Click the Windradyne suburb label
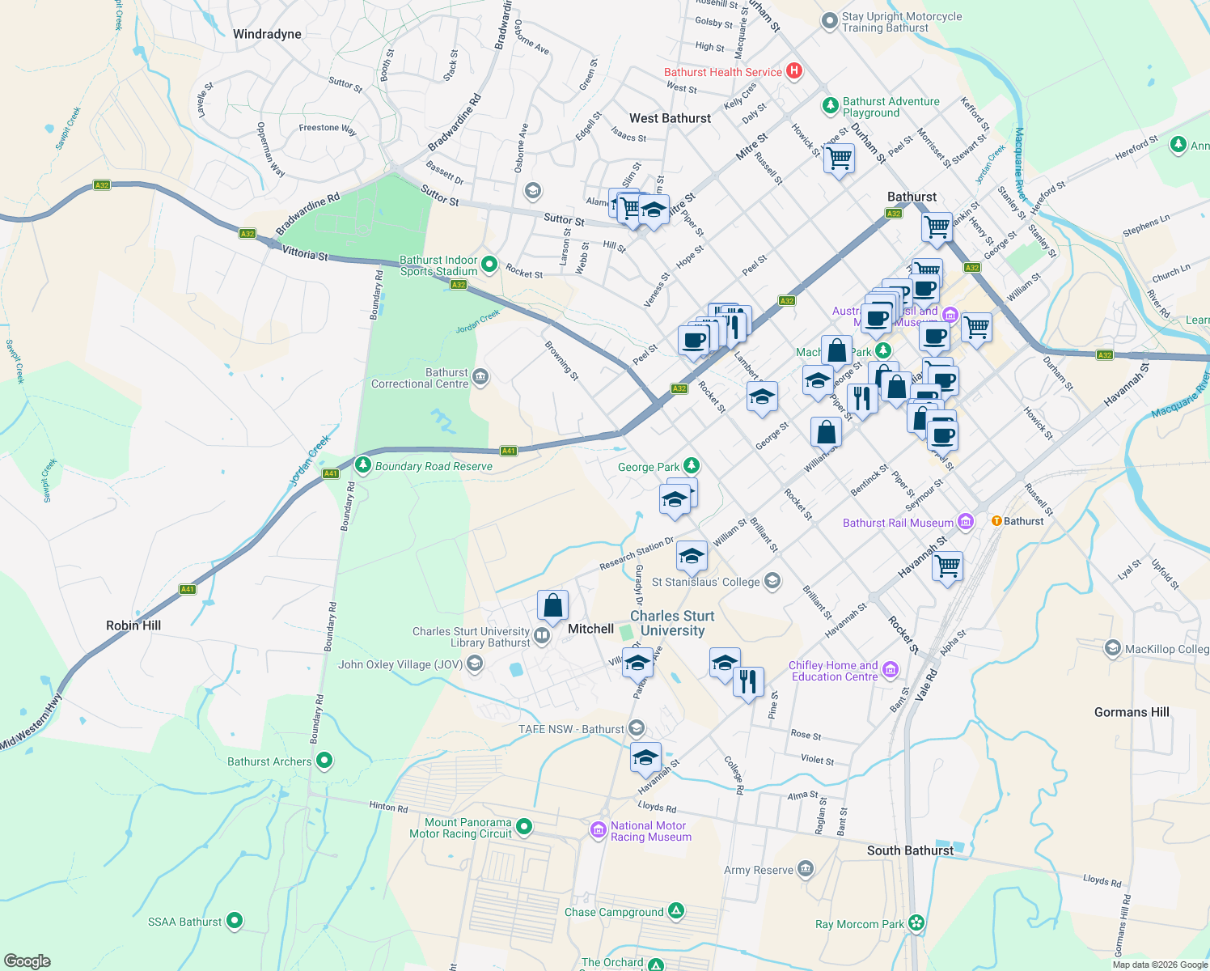point(267,34)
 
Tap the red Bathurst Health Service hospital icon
point(794,71)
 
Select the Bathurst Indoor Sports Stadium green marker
point(489,265)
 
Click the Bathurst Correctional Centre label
point(420,379)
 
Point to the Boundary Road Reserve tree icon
point(363,465)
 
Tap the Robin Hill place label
point(133,625)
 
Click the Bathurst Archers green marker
point(324,761)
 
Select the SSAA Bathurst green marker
point(235,921)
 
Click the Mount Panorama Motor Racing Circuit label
point(460,828)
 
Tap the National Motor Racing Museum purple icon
point(599,830)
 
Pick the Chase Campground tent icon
point(676,911)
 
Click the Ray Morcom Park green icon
point(916,923)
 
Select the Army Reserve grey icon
point(805,870)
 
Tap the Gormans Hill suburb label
point(1132,712)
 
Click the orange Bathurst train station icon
point(996,521)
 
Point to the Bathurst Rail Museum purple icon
point(966,522)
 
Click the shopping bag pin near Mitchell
point(552,605)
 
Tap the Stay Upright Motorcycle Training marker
point(829,22)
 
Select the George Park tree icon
point(691,465)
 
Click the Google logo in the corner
point(27,960)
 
